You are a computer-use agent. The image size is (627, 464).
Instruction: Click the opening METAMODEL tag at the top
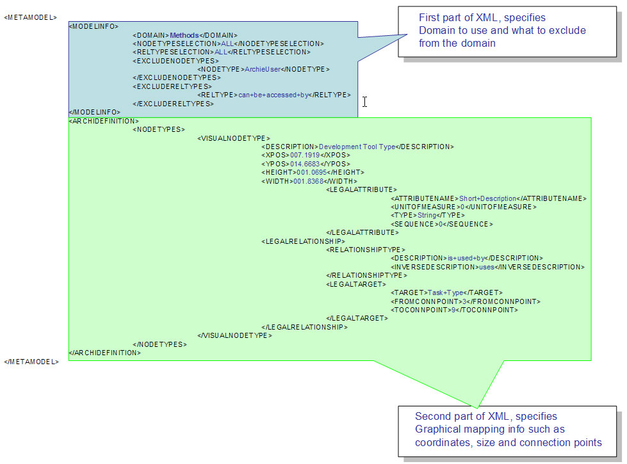coord(30,17)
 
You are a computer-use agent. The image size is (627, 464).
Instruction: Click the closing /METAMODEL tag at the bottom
coord(31,362)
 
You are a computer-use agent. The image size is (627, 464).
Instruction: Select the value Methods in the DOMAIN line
coord(182,35)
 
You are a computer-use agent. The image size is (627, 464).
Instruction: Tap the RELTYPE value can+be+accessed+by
coord(273,95)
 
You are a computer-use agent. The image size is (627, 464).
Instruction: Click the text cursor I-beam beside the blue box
coord(364,102)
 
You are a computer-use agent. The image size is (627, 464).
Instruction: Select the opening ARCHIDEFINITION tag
coord(103,120)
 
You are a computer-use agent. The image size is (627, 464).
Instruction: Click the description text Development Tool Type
coord(357,147)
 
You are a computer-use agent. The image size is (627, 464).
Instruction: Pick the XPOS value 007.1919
coord(306,156)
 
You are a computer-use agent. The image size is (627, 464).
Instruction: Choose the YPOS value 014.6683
coord(306,164)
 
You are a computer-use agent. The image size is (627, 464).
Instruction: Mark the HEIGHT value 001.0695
coord(311,172)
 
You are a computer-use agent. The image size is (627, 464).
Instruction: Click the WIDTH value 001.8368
coord(308,181)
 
